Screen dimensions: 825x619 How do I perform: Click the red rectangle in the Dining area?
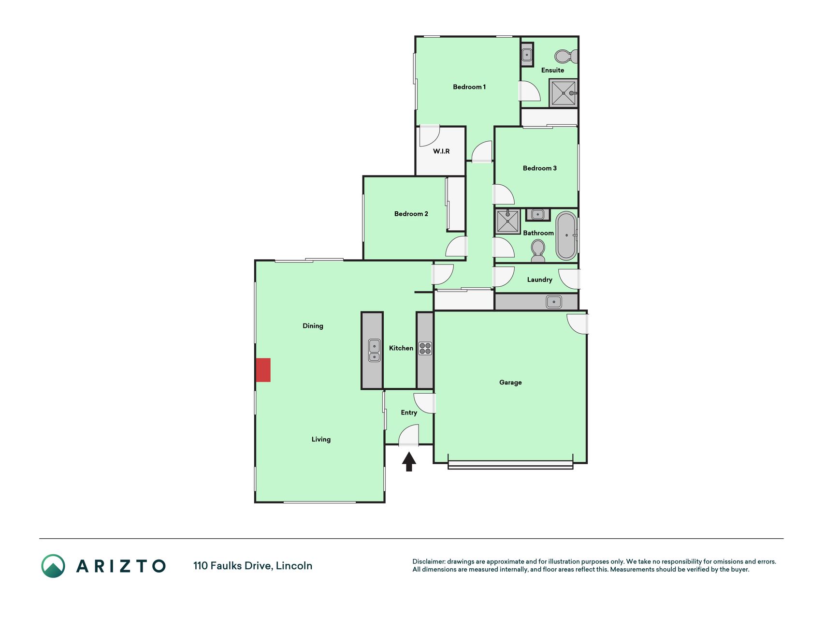(263, 370)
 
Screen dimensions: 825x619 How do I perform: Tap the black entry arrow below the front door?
(409, 461)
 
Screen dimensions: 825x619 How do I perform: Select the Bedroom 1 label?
(469, 87)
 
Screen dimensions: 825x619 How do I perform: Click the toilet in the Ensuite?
(565, 57)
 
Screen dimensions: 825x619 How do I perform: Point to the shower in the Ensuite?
(564, 93)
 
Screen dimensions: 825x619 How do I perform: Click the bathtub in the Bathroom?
(566, 236)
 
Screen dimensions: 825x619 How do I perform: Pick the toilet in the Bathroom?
(538, 251)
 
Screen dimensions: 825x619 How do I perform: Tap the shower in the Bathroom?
(507, 221)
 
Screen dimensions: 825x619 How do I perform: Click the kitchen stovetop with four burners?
(425, 348)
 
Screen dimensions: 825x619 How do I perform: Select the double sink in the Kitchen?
(374, 351)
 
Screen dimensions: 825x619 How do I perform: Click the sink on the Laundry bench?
(554, 302)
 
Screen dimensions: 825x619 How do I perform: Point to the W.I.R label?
(441, 151)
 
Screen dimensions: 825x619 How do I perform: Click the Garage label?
(510, 383)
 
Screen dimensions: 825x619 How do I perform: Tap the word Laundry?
(539, 280)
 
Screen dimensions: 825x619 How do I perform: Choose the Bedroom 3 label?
(540, 168)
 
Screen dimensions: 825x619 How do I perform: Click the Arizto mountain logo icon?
(53, 566)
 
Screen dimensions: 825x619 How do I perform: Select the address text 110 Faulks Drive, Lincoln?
(253, 566)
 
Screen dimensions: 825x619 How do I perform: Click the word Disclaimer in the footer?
(428, 561)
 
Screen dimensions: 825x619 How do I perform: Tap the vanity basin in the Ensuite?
(527, 55)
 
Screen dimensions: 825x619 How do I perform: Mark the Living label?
(321, 440)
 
